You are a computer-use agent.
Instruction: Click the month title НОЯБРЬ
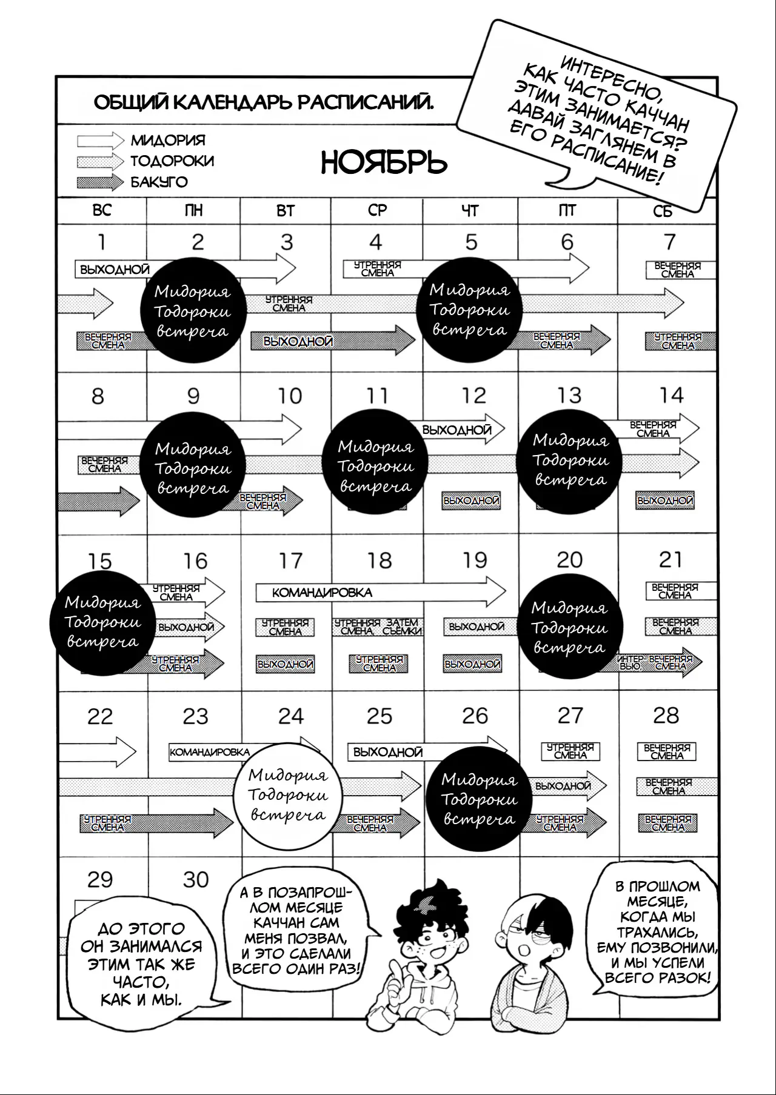tap(384, 162)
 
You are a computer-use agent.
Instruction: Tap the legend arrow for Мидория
tap(100, 141)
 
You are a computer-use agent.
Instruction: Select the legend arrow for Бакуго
tap(100, 182)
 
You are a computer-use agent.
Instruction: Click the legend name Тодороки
tap(172, 161)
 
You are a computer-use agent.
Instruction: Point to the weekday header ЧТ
tap(470, 211)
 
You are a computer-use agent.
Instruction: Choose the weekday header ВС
tap(102, 210)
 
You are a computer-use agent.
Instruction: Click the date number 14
tap(671, 395)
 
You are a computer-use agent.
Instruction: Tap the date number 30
tap(195, 879)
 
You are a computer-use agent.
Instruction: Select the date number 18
tap(380, 561)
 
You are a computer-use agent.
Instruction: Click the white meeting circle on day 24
tap(287, 795)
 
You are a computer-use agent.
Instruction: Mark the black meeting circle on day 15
tap(102, 622)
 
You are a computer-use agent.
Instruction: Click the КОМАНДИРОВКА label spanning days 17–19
tap(322, 593)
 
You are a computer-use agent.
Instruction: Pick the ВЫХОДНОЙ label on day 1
tap(115, 270)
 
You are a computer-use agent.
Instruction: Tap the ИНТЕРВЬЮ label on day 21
tap(630, 662)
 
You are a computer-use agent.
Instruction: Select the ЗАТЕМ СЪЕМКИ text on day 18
tap(402, 627)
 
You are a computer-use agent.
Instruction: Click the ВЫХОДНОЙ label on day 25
tap(387, 753)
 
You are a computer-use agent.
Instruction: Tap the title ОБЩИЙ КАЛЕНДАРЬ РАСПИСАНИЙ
tap(264, 102)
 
